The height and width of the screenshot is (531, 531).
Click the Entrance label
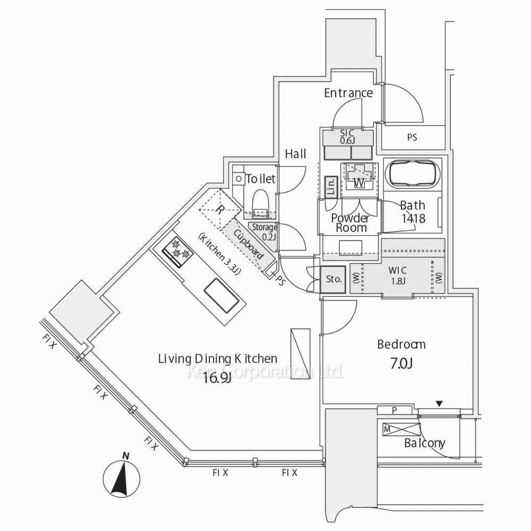pos(348,93)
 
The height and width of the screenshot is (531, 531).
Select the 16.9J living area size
pos(217,378)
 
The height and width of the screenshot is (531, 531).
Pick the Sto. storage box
pos(333,278)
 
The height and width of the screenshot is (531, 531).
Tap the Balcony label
pos(425,443)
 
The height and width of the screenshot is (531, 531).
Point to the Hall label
pos(296,155)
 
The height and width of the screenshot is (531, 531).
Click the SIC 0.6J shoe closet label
pos(347,136)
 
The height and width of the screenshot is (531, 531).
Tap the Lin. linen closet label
pos(330,187)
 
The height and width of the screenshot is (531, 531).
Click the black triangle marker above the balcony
pos(439,404)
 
